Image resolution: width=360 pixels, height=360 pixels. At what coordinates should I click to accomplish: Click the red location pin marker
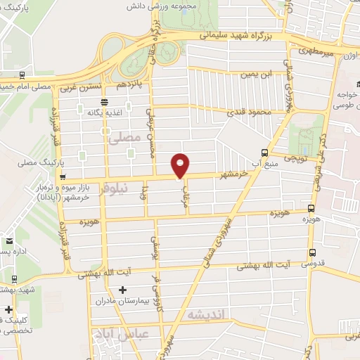coord(181,165)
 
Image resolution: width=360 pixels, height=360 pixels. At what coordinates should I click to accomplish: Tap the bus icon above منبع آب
coord(264,153)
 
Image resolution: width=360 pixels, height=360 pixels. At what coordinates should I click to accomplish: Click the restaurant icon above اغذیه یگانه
coord(104,102)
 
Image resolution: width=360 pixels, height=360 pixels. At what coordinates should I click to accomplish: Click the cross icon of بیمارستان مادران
coord(124,290)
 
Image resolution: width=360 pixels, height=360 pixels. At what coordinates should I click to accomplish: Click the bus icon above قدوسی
coord(312,252)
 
